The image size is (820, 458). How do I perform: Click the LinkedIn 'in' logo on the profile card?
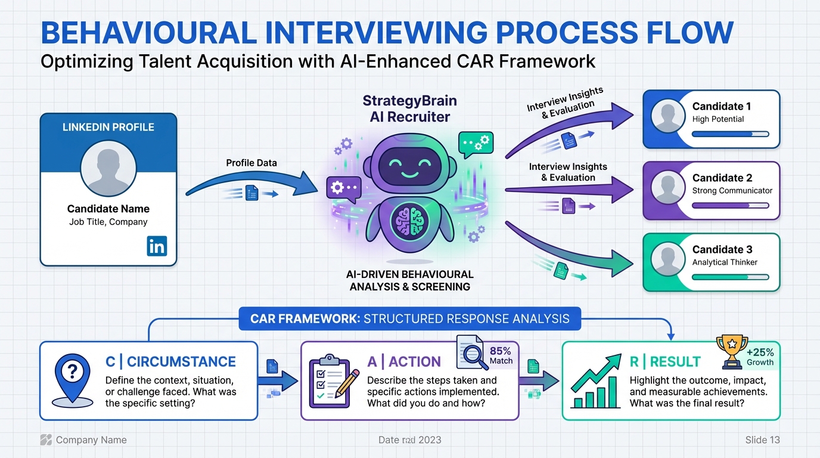(x=157, y=246)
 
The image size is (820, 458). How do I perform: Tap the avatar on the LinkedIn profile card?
(x=108, y=169)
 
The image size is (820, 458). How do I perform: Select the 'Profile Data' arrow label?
(x=251, y=163)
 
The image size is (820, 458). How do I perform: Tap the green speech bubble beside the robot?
(x=476, y=144)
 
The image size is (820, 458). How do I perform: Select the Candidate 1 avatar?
(x=668, y=116)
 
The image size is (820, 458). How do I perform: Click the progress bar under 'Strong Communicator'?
(x=731, y=206)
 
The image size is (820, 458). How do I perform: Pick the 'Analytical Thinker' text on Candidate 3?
(x=725, y=262)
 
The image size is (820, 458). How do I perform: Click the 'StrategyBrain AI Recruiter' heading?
(x=410, y=109)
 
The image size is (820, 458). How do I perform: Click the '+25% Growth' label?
(x=760, y=357)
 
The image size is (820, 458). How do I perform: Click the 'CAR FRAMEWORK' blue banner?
(x=409, y=318)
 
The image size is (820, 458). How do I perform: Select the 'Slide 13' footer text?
(x=762, y=440)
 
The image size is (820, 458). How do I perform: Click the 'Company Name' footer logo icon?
(x=46, y=440)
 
